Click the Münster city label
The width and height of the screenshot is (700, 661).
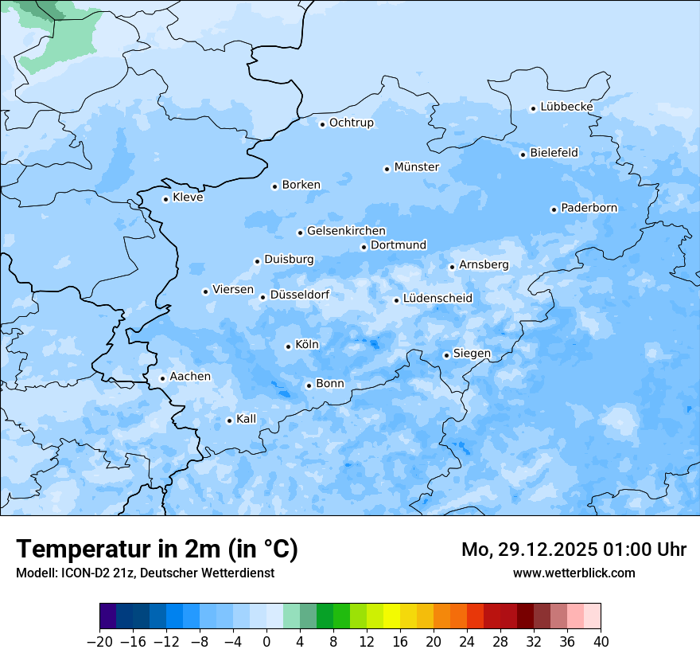click(416, 167)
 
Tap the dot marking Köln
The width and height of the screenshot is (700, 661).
click(288, 346)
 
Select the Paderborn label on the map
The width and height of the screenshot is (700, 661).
click(589, 208)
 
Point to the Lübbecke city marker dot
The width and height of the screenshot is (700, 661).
click(533, 108)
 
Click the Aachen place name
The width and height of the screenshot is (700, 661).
click(190, 377)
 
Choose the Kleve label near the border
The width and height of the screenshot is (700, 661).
click(188, 198)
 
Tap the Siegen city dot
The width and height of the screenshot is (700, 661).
click(446, 355)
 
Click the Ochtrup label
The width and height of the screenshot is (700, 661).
click(351, 123)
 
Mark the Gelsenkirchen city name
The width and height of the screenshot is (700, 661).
click(346, 231)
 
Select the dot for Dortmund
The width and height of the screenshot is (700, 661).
click(364, 247)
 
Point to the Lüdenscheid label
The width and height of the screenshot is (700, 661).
click(437, 299)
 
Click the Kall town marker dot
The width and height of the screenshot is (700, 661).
click(229, 420)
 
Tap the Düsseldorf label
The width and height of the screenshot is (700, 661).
click(300, 295)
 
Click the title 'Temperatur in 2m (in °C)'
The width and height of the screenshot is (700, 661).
click(157, 549)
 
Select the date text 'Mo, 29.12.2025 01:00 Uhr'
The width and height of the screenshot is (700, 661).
click(574, 550)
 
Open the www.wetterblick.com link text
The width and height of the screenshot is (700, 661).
click(574, 573)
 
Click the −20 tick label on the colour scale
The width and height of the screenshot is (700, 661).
click(99, 642)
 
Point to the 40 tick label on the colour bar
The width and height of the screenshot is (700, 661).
click(601, 642)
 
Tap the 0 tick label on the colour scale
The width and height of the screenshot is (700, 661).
click(266, 642)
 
